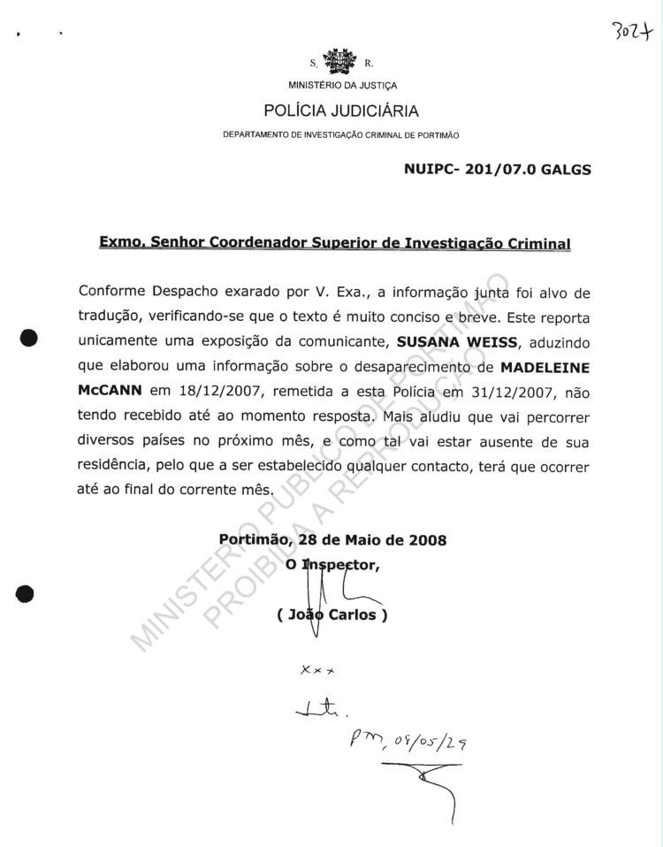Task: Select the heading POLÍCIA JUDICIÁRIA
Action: click(341, 111)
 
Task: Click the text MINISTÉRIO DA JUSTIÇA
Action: click(342, 86)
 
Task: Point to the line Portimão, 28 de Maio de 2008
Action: click(332, 539)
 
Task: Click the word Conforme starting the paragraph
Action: click(112, 292)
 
